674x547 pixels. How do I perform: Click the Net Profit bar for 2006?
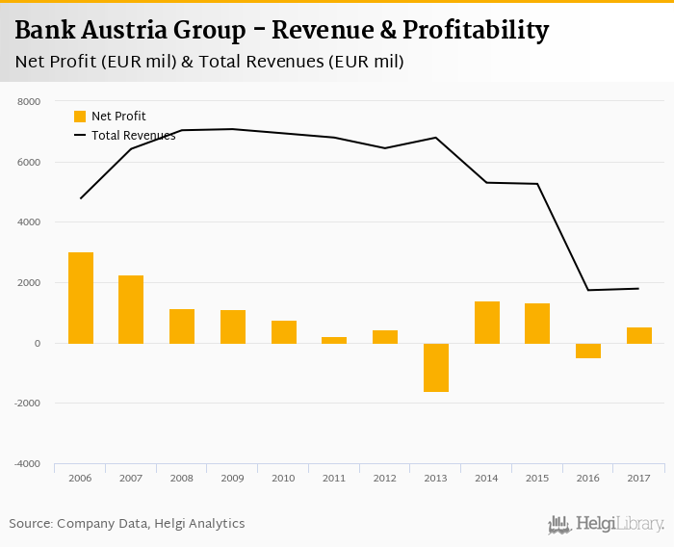pyautogui.click(x=81, y=298)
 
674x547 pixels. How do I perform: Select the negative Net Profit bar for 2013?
pyautogui.click(x=436, y=367)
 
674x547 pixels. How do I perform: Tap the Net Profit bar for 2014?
pyautogui.click(x=487, y=323)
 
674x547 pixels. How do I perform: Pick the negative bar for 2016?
pyautogui.click(x=588, y=351)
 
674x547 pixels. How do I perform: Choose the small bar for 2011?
pyautogui.click(x=334, y=340)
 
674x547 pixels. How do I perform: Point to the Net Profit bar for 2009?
pyautogui.click(x=233, y=326)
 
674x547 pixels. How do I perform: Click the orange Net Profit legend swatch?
pyautogui.click(x=80, y=117)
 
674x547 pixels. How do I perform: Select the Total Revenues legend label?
pyautogui.click(x=133, y=136)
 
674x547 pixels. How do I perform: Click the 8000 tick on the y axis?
pyautogui.click(x=29, y=101)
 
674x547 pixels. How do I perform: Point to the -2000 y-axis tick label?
pyautogui.click(x=27, y=404)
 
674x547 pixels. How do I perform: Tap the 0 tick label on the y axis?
pyautogui.click(x=37, y=343)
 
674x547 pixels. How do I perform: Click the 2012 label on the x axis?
pyautogui.click(x=385, y=478)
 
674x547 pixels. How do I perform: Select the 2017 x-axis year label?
pyautogui.click(x=638, y=478)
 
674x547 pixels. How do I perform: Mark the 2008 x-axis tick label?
pyautogui.click(x=182, y=478)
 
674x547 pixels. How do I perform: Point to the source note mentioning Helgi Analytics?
pyautogui.click(x=127, y=524)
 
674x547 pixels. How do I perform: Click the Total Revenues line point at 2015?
pyautogui.click(x=537, y=184)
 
